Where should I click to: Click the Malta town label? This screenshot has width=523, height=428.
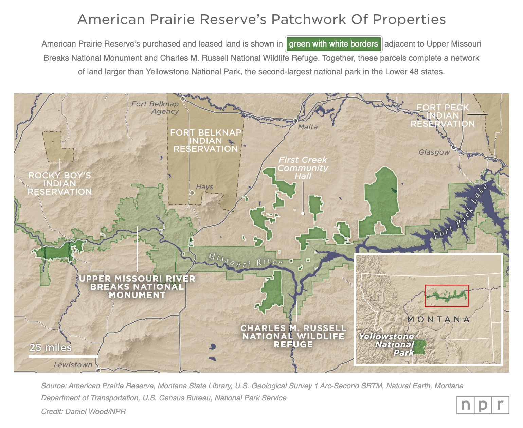[308, 127]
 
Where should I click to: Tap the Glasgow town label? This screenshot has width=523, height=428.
[434, 152]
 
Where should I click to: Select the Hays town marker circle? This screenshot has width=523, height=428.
[192, 193]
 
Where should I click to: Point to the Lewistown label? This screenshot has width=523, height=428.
[73, 365]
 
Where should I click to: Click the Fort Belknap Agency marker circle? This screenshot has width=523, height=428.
[183, 99]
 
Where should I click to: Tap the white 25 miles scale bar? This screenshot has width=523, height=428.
[63, 356]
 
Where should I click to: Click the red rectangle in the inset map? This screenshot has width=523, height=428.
[446, 296]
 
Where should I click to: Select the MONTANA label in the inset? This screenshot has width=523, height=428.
[438, 319]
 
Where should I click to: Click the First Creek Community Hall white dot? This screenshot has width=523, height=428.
[303, 213]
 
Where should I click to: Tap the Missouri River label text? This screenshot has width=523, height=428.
[245, 260]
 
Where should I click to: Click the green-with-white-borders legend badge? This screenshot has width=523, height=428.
[333, 44]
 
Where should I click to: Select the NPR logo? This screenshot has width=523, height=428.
[483, 405]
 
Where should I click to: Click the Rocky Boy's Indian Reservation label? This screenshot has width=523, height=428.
[60, 183]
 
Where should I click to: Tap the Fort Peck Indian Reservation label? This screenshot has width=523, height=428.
[443, 116]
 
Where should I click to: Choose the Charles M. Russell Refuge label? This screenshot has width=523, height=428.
[293, 336]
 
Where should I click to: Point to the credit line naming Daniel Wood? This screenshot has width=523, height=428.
[84, 411]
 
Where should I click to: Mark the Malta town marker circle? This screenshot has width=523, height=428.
[295, 121]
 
